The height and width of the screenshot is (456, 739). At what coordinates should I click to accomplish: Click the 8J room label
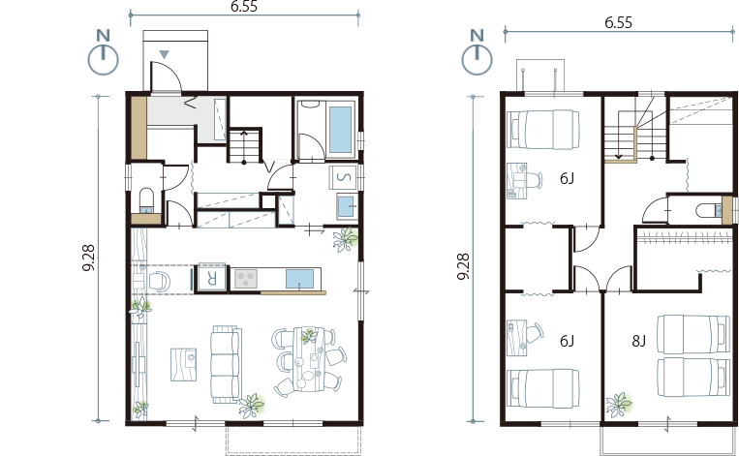[638, 341]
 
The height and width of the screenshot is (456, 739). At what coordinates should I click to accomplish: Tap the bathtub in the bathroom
[340, 130]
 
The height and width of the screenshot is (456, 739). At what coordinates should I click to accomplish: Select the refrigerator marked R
[211, 279]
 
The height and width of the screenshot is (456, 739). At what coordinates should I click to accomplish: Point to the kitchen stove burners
[246, 279]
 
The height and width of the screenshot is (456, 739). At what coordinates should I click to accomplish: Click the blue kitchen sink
[299, 279]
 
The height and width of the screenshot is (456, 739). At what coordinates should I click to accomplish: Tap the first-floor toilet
[147, 201]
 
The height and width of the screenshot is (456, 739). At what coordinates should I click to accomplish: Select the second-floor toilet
[708, 210]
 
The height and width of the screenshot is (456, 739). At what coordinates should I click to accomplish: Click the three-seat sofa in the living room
[226, 364]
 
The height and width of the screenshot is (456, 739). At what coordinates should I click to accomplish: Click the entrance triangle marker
[164, 54]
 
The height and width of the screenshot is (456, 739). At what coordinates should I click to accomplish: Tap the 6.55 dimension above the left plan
[244, 6]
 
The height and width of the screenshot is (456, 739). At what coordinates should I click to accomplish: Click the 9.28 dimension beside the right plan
[464, 266]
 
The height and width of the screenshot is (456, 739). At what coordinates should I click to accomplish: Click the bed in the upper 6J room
[543, 130]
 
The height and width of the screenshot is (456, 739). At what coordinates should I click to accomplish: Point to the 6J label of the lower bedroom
[567, 341]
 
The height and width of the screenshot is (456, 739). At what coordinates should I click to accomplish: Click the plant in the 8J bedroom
[619, 405]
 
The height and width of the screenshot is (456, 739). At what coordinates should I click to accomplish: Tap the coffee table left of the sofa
[183, 364]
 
